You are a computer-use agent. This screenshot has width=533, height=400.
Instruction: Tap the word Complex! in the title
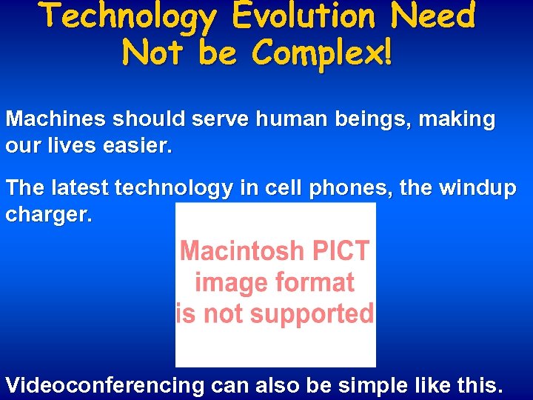323,52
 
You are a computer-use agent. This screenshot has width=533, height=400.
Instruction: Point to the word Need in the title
434,16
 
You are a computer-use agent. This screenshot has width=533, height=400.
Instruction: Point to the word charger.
49,216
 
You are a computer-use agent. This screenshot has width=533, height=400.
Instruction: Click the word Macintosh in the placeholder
240,251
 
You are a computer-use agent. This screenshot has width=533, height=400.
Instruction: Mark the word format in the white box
316,282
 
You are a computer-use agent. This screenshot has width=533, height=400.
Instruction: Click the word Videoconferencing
104,385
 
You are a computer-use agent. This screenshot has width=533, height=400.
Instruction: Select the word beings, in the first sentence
357,119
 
